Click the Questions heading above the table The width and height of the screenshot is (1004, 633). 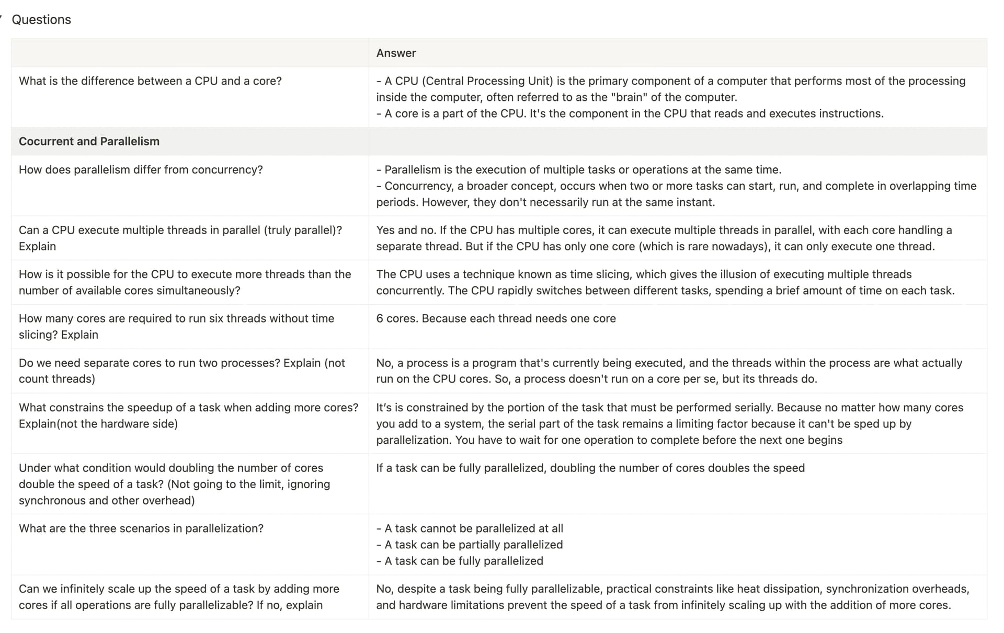[41, 20]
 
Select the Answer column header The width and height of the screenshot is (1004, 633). [396, 53]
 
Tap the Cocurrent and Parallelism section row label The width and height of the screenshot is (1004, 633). [89, 141]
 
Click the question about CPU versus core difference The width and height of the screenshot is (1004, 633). [150, 81]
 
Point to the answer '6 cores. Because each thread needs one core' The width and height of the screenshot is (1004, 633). [496, 318]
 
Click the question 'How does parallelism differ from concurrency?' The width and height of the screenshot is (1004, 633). [141, 170]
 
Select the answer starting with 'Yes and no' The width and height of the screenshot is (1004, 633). [664, 238]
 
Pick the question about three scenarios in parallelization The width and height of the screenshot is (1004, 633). [141, 528]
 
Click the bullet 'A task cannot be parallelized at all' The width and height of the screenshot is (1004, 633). [473, 528]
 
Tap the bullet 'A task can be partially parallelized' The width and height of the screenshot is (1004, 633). [473, 545]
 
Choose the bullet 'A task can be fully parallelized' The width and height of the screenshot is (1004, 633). [463, 561]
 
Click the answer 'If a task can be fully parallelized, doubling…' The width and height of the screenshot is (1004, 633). [590, 468]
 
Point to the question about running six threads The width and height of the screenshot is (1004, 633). [176, 326]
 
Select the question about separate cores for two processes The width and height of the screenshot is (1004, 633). [181, 371]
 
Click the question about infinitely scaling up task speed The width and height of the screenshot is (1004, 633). [179, 597]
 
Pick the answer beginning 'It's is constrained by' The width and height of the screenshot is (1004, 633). [669, 423]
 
